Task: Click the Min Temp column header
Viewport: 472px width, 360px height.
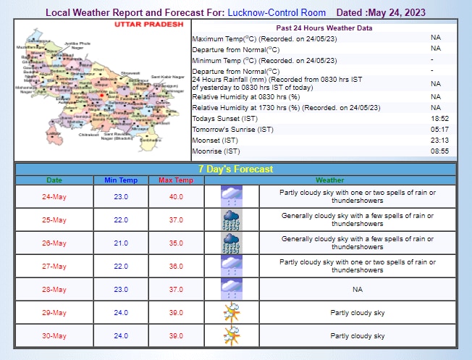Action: pyautogui.click(x=120, y=180)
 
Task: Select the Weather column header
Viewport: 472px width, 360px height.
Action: pyautogui.click(x=329, y=180)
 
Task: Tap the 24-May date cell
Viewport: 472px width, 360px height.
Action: pyautogui.click(x=54, y=196)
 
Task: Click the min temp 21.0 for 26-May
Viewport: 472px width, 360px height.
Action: pyautogui.click(x=120, y=243)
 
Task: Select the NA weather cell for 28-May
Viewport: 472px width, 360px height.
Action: pyautogui.click(x=358, y=289)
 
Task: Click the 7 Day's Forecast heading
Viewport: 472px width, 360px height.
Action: pyautogui.click(x=236, y=169)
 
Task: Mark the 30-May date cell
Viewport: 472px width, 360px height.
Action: pyautogui.click(x=54, y=335)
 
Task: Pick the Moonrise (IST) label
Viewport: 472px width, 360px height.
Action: pyautogui.click(x=216, y=151)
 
